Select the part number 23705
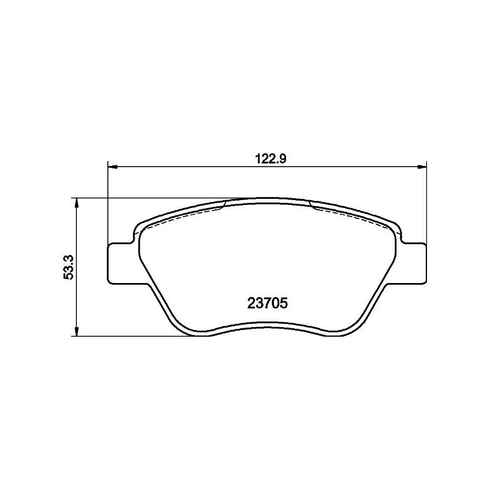click(x=267, y=303)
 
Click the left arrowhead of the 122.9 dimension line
click(x=112, y=165)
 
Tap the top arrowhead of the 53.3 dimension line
click(x=76, y=202)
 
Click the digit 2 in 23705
click(x=251, y=303)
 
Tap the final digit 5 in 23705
click(x=284, y=303)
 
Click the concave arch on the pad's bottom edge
click(x=267, y=325)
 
